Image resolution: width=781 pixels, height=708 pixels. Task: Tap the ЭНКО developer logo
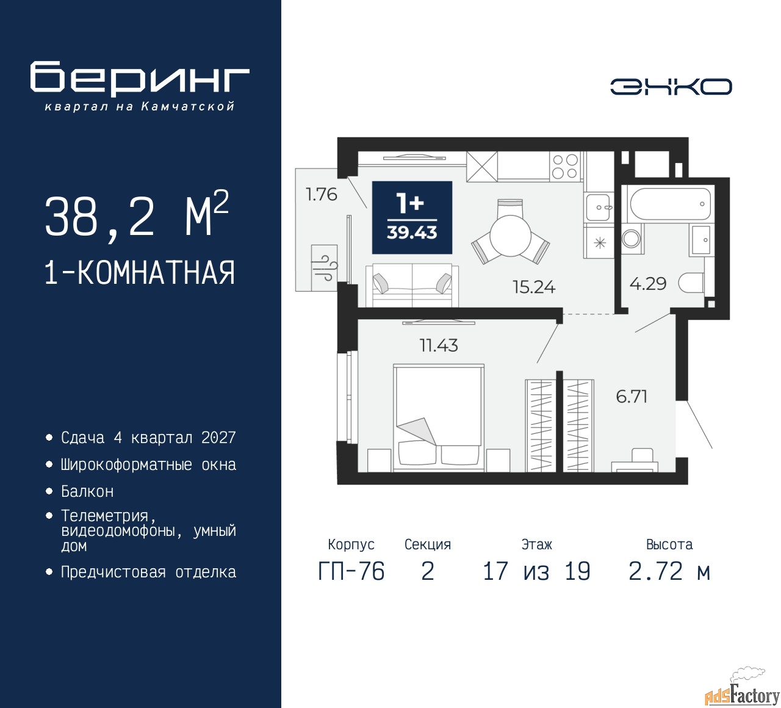coord(671,87)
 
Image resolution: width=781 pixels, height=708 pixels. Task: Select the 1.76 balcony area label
coord(321,194)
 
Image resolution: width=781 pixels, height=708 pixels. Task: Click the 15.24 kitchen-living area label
coord(534,287)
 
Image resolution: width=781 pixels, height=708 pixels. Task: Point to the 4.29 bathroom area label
coord(648,284)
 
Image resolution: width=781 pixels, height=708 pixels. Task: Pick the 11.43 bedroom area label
coord(438,345)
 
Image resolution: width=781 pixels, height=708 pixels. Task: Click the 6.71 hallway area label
coord(632,397)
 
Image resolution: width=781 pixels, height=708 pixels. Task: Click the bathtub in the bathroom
coord(670,204)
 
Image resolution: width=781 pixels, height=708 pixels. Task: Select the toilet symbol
coord(691,283)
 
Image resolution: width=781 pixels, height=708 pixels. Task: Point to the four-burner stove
coord(565,166)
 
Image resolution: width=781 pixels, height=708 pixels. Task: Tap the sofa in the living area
coord(412,286)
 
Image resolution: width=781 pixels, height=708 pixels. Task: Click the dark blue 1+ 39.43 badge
coord(412,217)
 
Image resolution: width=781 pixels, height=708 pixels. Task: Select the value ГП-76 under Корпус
coord(351,571)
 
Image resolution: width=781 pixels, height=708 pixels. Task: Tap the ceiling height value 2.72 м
coord(669,571)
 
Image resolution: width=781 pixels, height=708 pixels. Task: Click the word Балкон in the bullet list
coord(87,491)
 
